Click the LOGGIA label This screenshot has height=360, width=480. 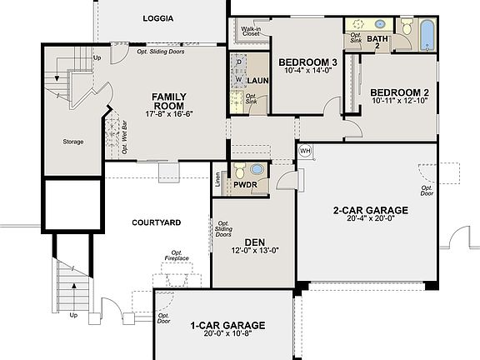[157, 18]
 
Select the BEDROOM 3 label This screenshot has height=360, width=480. [307, 62]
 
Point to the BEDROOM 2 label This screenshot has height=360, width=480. [399, 92]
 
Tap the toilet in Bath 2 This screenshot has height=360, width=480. [406, 27]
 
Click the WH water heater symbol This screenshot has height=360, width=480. [305, 151]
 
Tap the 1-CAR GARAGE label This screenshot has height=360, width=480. [227, 325]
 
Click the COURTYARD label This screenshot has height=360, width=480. [156, 222]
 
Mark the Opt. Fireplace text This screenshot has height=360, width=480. [177, 257]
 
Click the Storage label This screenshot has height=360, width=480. [73, 142]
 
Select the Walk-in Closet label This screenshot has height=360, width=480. [251, 32]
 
